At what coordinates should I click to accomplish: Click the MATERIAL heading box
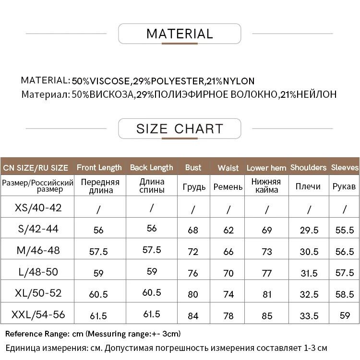point(180,34)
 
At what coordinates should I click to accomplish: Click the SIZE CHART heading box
point(180,128)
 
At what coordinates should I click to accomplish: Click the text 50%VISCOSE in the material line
point(100,81)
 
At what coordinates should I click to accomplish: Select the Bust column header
point(193,167)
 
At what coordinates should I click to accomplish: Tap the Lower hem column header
point(266,168)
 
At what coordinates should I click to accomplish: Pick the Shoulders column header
point(308,167)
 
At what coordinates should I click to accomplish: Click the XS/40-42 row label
point(38,208)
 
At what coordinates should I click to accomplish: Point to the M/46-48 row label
point(38,250)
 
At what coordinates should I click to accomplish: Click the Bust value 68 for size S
point(193,230)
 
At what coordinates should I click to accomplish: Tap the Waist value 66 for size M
point(228,251)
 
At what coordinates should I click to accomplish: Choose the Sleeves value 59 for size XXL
point(345,315)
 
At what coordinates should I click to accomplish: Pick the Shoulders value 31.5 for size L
point(309,273)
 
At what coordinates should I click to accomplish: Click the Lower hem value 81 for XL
point(267,294)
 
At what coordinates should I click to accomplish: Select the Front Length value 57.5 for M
point(99,251)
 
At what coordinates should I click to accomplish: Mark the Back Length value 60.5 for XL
point(152,292)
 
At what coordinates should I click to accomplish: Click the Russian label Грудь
point(194,186)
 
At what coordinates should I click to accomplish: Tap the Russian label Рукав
point(344,186)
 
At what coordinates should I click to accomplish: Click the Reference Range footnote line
point(93,334)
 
